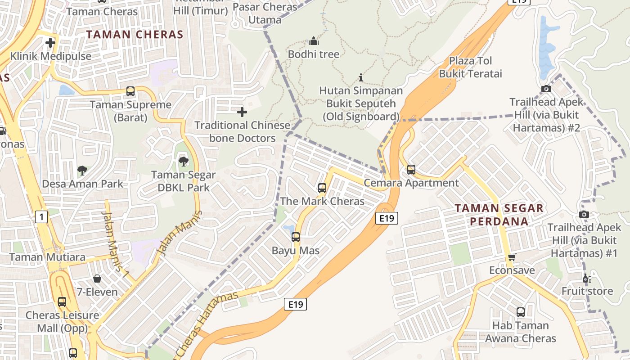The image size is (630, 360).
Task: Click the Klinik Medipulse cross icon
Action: point(50,43)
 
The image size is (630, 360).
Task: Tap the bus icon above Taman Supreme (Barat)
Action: point(130,91)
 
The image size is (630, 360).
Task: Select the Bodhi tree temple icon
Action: point(314,41)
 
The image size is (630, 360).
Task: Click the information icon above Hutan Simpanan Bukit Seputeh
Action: point(360,77)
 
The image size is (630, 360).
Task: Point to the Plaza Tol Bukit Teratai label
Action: point(470,67)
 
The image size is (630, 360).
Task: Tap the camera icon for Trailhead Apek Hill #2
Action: point(546,89)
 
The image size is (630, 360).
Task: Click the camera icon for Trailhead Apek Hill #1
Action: point(584,214)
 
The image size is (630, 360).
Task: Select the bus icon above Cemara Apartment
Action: point(411,170)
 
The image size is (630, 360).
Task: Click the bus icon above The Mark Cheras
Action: point(322,188)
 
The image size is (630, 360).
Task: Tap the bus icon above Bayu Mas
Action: point(296,237)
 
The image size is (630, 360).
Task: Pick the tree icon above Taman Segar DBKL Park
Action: point(183,161)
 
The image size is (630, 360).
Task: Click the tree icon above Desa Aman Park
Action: point(82,170)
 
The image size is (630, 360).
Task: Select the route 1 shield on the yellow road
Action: point(41,217)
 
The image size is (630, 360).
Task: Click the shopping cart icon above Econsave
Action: point(512,257)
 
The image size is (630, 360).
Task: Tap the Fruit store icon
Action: point(586,278)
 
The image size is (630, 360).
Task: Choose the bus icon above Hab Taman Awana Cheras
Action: point(521,312)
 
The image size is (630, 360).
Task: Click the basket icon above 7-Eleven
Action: point(97,279)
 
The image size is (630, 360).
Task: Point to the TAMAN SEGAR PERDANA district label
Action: point(499,215)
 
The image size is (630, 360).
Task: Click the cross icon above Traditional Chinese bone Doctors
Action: point(242,111)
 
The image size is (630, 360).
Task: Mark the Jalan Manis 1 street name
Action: point(115,241)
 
